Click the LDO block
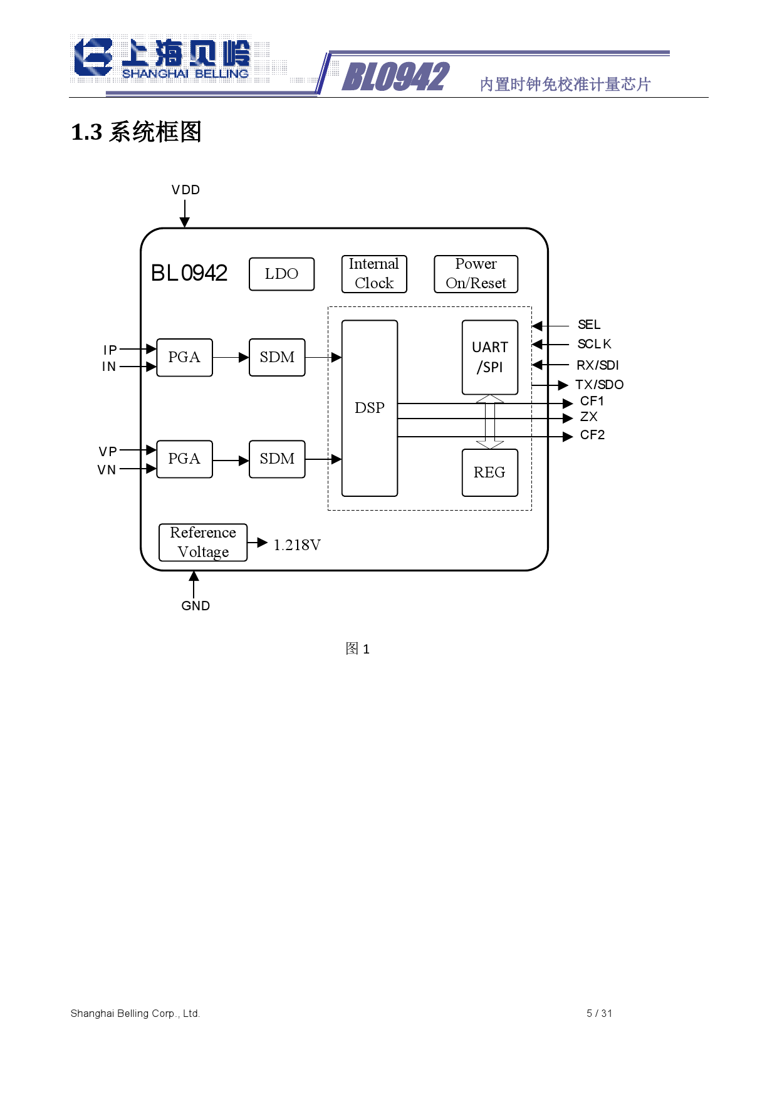[281, 274]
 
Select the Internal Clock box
[374, 274]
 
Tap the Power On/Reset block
[476, 274]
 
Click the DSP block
[370, 408]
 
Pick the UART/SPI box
[490, 357]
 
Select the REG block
[490, 472]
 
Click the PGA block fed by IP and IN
[184, 357]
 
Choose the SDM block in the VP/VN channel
[277, 459]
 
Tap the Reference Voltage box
[203, 542]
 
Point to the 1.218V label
[297, 545]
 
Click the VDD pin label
[185, 190]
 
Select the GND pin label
[196, 606]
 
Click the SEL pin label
[589, 325]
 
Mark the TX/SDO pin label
[600, 385]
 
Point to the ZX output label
[589, 417]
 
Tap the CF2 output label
[592, 435]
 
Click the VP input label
[108, 452]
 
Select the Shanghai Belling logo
[162, 60]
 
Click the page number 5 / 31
[599, 1013]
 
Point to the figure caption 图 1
[358, 648]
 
